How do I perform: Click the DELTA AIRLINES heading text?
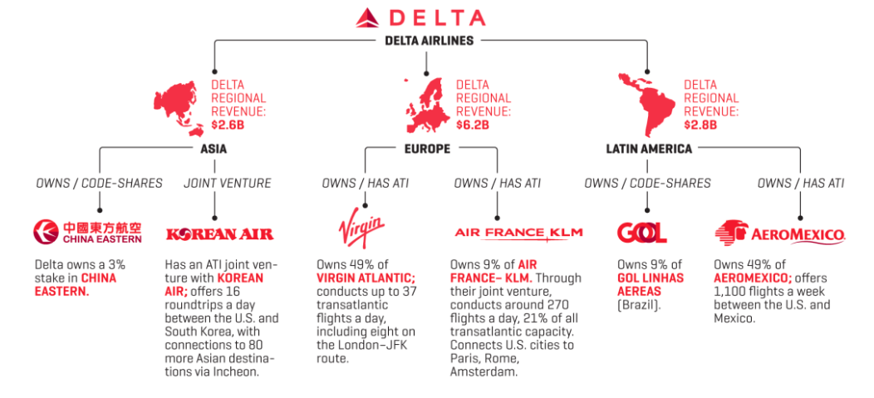tap(429, 40)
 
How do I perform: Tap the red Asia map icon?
tap(178, 107)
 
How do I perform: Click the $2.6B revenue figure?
tap(228, 125)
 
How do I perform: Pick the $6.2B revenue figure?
tap(472, 125)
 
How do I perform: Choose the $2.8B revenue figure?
tap(700, 125)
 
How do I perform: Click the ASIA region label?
tap(214, 150)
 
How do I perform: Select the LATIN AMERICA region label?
tap(649, 150)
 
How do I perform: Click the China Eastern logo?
tap(87, 233)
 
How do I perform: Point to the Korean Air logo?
tap(219, 234)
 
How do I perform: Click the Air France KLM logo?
tap(518, 233)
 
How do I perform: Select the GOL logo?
tap(641, 233)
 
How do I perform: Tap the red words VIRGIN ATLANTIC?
tap(365, 278)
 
